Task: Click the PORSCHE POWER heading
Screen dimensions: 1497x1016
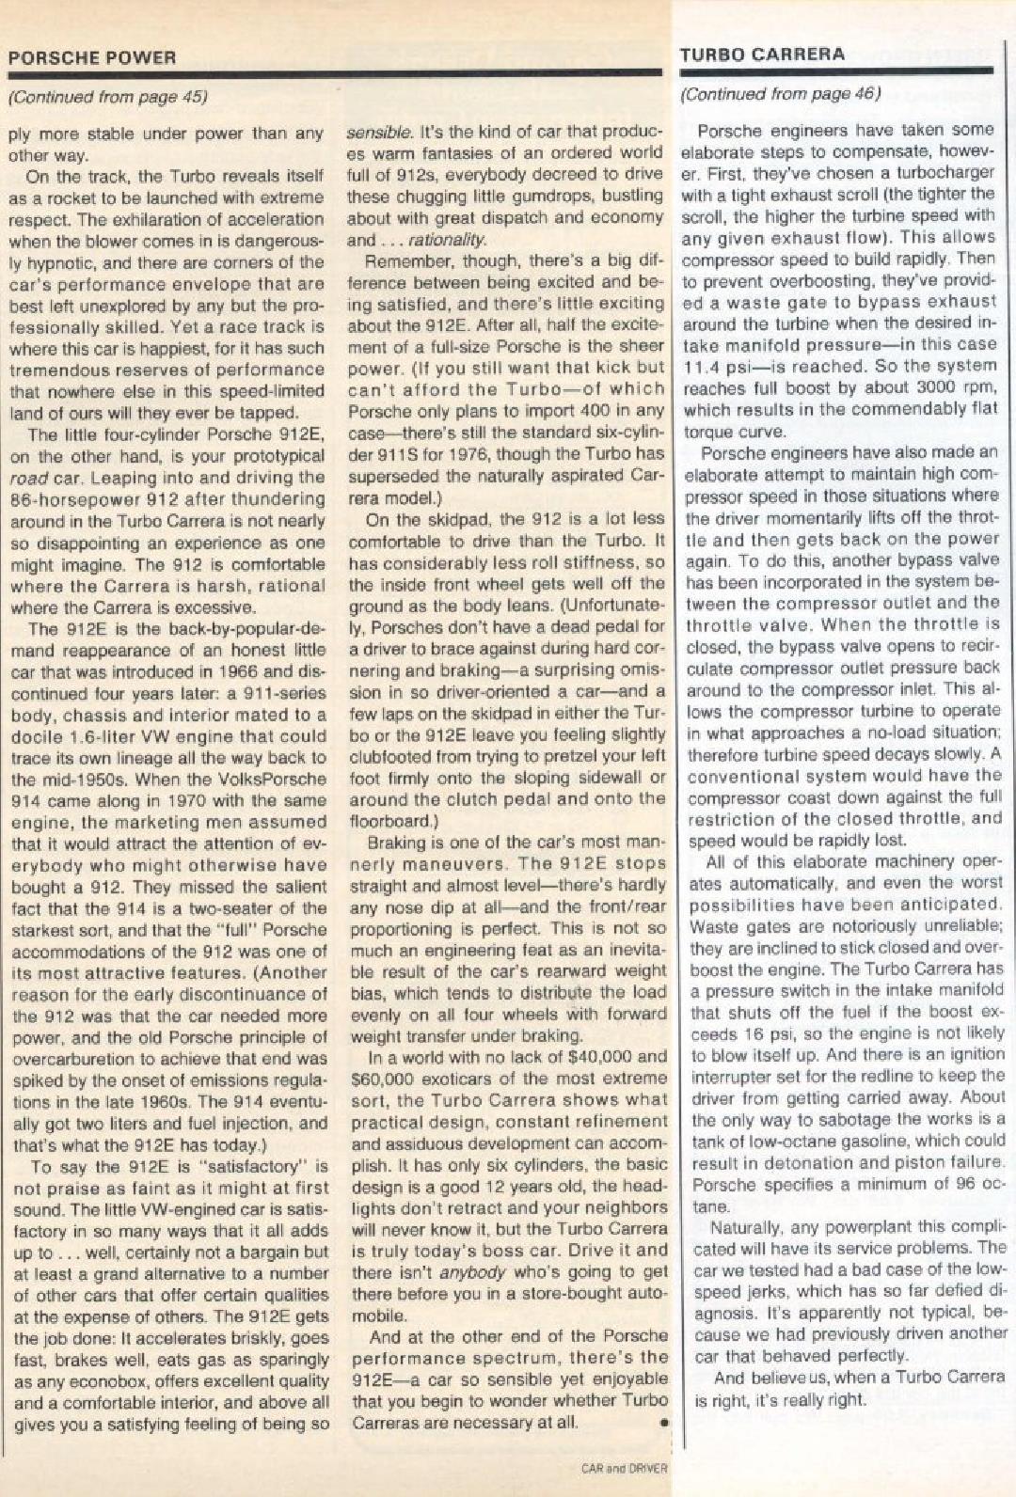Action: (91, 57)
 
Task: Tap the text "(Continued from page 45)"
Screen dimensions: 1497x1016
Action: (107, 96)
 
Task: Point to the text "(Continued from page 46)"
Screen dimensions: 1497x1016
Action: (780, 93)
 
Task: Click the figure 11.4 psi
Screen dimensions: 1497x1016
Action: (722, 366)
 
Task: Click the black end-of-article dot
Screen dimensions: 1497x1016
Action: (662, 1424)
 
